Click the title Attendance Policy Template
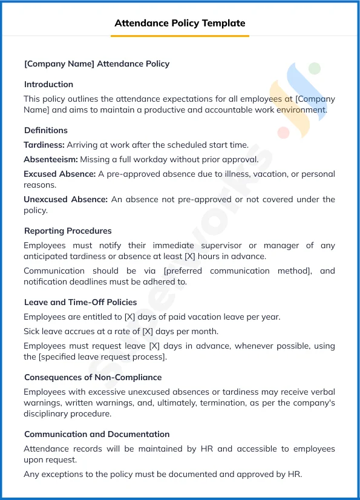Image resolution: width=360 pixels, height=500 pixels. coord(180,23)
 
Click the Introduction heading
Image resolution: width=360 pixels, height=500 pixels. coord(48,84)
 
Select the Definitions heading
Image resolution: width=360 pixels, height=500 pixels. coord(46,130)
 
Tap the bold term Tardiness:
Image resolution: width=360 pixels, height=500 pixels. coord(44,145)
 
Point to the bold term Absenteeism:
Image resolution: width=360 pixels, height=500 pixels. coord(51,159)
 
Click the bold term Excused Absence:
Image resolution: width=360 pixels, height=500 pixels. coord(59,174)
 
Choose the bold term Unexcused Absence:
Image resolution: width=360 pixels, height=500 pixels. coord(65,199)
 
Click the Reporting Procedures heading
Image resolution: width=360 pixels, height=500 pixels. coord(68,231)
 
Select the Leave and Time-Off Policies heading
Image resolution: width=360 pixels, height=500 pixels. coord(80,302)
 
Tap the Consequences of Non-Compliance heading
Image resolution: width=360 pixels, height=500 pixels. coord(93,377)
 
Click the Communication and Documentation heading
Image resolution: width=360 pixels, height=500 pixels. coord(97,434)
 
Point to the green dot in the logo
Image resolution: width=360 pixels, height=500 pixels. coord(314,68)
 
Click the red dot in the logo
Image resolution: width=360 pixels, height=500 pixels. coord(283,132)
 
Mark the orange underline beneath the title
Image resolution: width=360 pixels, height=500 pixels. coord(180,36)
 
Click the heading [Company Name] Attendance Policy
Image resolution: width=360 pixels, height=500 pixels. coord(97,64)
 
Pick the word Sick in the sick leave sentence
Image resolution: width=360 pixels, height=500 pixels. coord(31,331)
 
